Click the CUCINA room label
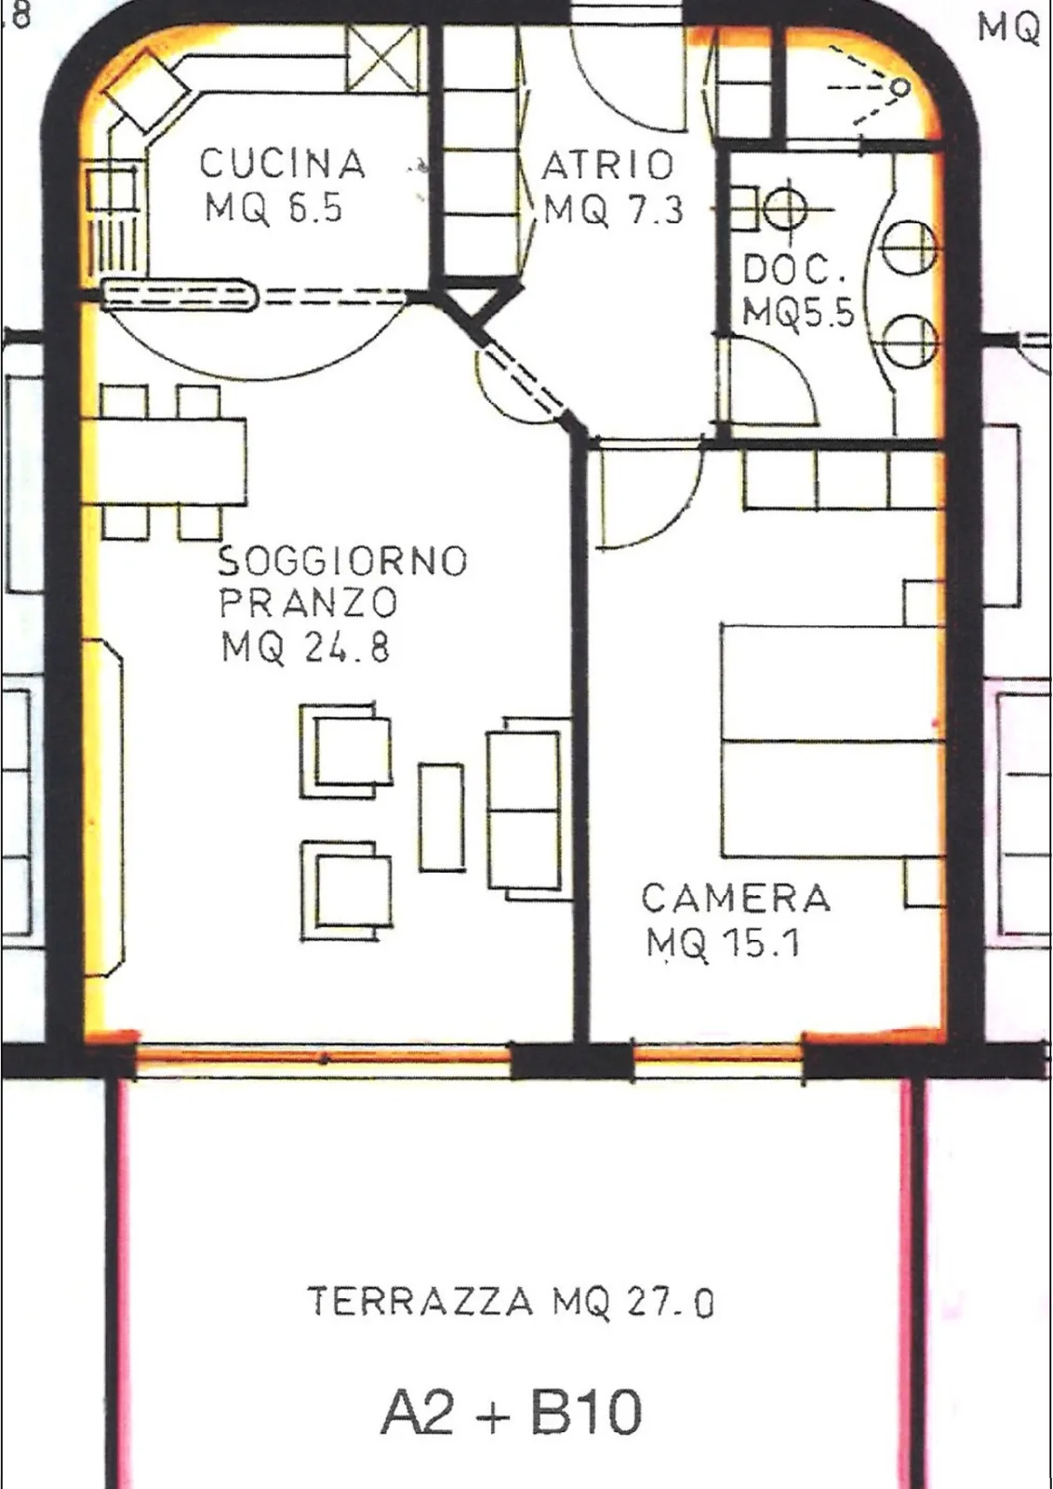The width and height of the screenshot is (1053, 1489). pyautogui.click(x=283, y=164)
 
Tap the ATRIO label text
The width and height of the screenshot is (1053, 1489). pyautogui.click(x=607, y=165)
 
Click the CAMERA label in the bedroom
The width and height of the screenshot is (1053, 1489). pyautogui.click(x=736, y=898)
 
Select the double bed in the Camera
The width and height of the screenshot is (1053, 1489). pyautogui.click(x=833, y=741)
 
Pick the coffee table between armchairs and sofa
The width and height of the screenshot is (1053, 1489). pyautogui.click(x=441, y=817)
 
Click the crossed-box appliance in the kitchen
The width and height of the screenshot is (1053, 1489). pyautogui.click(x=383, y=60)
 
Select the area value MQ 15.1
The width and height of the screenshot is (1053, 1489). pyautogui.click(x=724, y=942)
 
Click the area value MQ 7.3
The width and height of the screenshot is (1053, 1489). pyautogui.click(x=613, y=211)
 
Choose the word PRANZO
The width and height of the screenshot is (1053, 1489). pyautogui.click(x=308, y=603)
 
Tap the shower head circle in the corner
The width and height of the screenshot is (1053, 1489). pyautogui.click(x=900, y=87)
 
